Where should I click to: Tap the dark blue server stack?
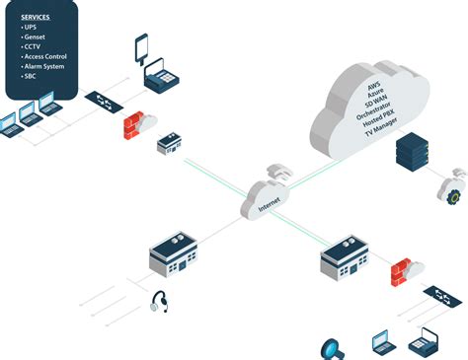point(410,150)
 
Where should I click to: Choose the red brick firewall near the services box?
point(132,126)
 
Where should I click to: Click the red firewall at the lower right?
point(401,271)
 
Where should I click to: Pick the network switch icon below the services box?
point(100,101)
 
